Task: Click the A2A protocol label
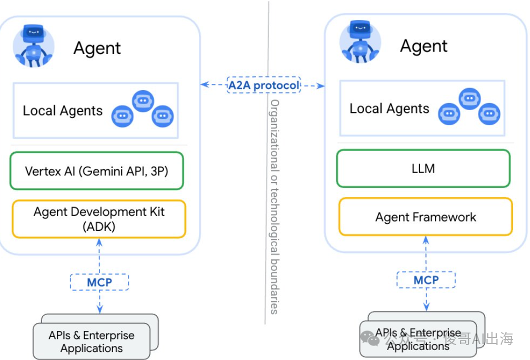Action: click(263, 85)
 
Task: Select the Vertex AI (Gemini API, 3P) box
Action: click(96, 171)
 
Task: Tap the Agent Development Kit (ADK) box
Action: click(99, 219)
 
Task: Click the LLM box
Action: click(423, 168)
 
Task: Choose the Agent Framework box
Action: click(425, 217)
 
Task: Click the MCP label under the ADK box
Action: click(99, 282)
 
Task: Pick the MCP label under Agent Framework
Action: click(426, 280)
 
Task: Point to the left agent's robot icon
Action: click(33, 46)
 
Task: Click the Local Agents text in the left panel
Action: click(62, 111)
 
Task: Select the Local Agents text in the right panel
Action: click(389, 109)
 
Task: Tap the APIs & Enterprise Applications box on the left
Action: click(91, 342)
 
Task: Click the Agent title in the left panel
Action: click(97, 48)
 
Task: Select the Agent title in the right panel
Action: click(423, 46)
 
